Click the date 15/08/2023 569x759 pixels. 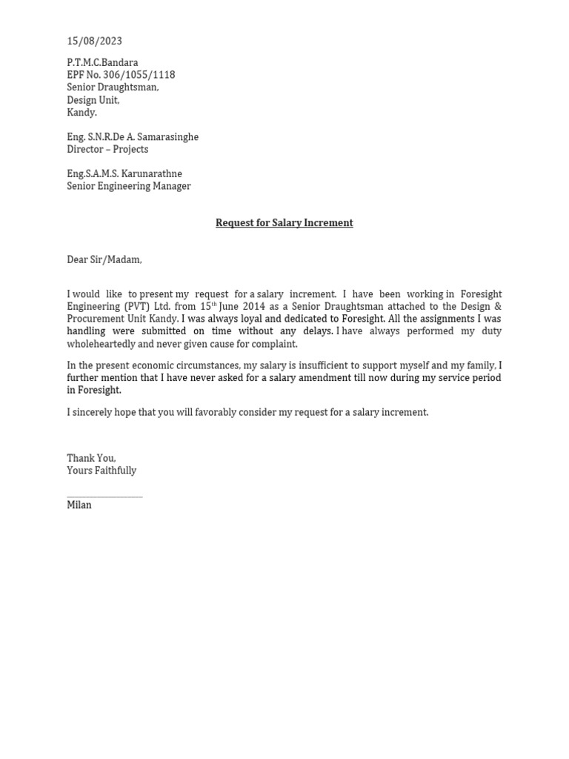[x=94, y=42]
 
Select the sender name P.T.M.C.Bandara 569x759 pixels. [x=102, y=63]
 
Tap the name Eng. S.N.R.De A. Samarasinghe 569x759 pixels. [x=133, y=137]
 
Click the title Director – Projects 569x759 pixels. [x=107, y=150]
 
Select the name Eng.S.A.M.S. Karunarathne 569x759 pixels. [x=124, y=174]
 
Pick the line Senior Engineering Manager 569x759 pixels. [x=129, y=187]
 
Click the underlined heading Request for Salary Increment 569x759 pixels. [x=284, y=223]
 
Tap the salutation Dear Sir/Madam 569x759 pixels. [x=104, y=260]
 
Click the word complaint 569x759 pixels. [x=274, y=345]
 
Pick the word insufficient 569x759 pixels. [x=324, y=366]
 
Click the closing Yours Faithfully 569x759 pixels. [x=102, y=471]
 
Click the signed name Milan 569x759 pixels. [x=79, y=506]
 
